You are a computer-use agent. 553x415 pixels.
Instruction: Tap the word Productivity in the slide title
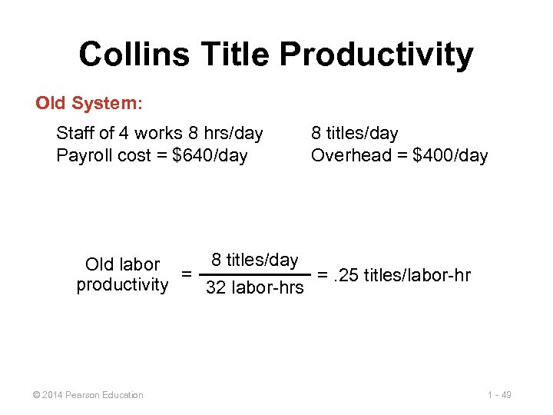(x=376, y=55)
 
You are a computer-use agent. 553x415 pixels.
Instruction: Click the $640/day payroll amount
(x=210, y=156)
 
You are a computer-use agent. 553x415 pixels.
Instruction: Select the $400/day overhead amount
(x=450, y=156)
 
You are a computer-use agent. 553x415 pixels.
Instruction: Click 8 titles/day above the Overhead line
(x=354, y=134)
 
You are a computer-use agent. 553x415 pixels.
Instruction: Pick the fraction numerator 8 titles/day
(x=254, y=260)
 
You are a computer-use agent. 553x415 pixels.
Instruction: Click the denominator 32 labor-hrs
(x=254, y=289)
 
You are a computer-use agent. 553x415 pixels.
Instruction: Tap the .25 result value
(x=347, y=274)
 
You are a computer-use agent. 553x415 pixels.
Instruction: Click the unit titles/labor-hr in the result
(x=418, y=274)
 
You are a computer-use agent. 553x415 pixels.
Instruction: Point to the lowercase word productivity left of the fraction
(x=122, y=285)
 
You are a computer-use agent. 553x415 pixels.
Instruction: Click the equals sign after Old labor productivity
(x=185, y=274)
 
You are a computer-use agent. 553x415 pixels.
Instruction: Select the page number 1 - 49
(x=499, y=395)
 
